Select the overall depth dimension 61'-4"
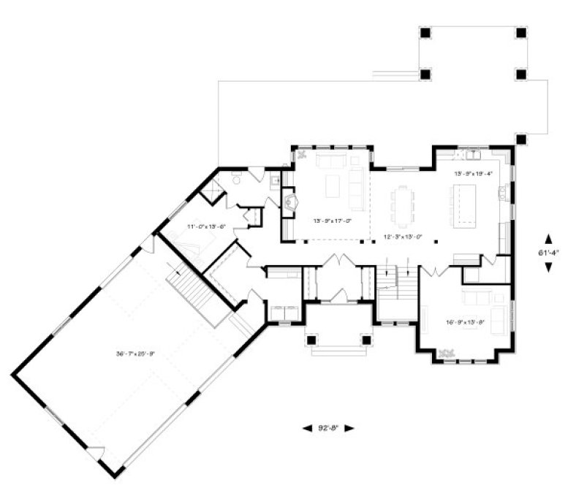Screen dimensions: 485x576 tap(549, 253)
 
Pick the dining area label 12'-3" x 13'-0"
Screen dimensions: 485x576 tap(403, 237)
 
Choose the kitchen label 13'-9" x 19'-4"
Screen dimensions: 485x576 tap(474, 174)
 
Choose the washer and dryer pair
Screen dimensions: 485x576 tap(282, 312)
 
